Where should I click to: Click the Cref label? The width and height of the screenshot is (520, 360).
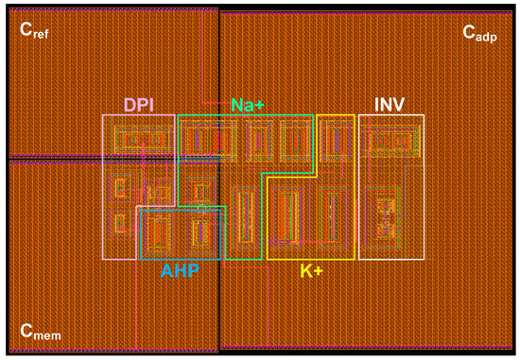(35, 30)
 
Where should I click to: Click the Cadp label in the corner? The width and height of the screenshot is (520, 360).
(479, 31)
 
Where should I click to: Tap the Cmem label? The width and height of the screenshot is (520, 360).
(39, 331)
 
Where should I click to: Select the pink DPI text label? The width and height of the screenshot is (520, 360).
(139, 104)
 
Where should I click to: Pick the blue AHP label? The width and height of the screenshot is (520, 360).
(180, 270)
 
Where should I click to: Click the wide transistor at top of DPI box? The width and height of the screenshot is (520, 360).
(140, 141)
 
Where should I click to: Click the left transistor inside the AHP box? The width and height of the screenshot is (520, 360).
(161, 230)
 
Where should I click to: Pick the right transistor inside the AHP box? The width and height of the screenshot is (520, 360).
(200, 230)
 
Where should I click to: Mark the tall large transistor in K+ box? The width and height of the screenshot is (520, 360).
(288, 215)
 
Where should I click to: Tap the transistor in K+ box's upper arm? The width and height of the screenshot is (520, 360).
(333, 142)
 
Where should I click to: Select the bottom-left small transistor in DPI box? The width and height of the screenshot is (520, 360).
(121, 223)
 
